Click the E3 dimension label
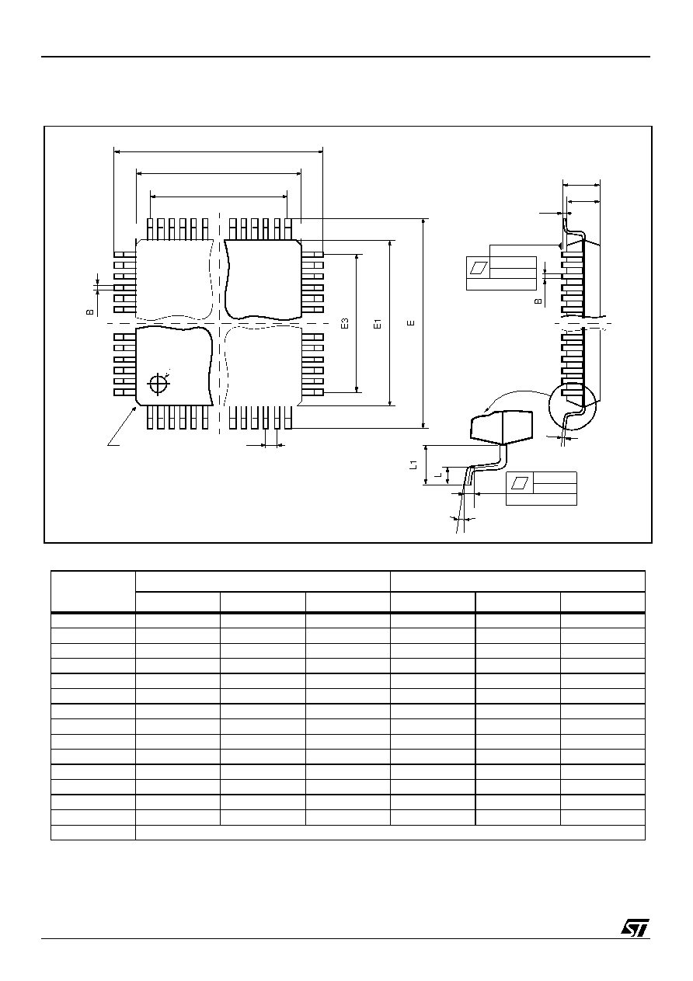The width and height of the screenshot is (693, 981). coord(345,324)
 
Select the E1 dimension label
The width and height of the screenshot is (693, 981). coord(377,324)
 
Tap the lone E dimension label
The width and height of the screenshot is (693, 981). coord(410,323)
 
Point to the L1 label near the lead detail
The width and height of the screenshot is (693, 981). coord(413,465)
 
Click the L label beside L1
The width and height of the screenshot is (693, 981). coord(437,475)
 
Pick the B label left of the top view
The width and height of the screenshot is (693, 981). coord(90,312)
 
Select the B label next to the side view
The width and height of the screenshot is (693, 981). coord(539,301)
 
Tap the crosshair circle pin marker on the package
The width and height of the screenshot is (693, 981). coord(158,384)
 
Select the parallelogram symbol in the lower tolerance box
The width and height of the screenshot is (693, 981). coord(520,482)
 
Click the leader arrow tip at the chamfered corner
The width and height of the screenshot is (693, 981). coord(135,407)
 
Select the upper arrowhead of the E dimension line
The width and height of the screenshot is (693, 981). coord(423,221)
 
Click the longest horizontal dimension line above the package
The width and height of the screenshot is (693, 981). coord(218,151)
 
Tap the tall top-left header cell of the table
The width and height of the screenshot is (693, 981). coord(93,591)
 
